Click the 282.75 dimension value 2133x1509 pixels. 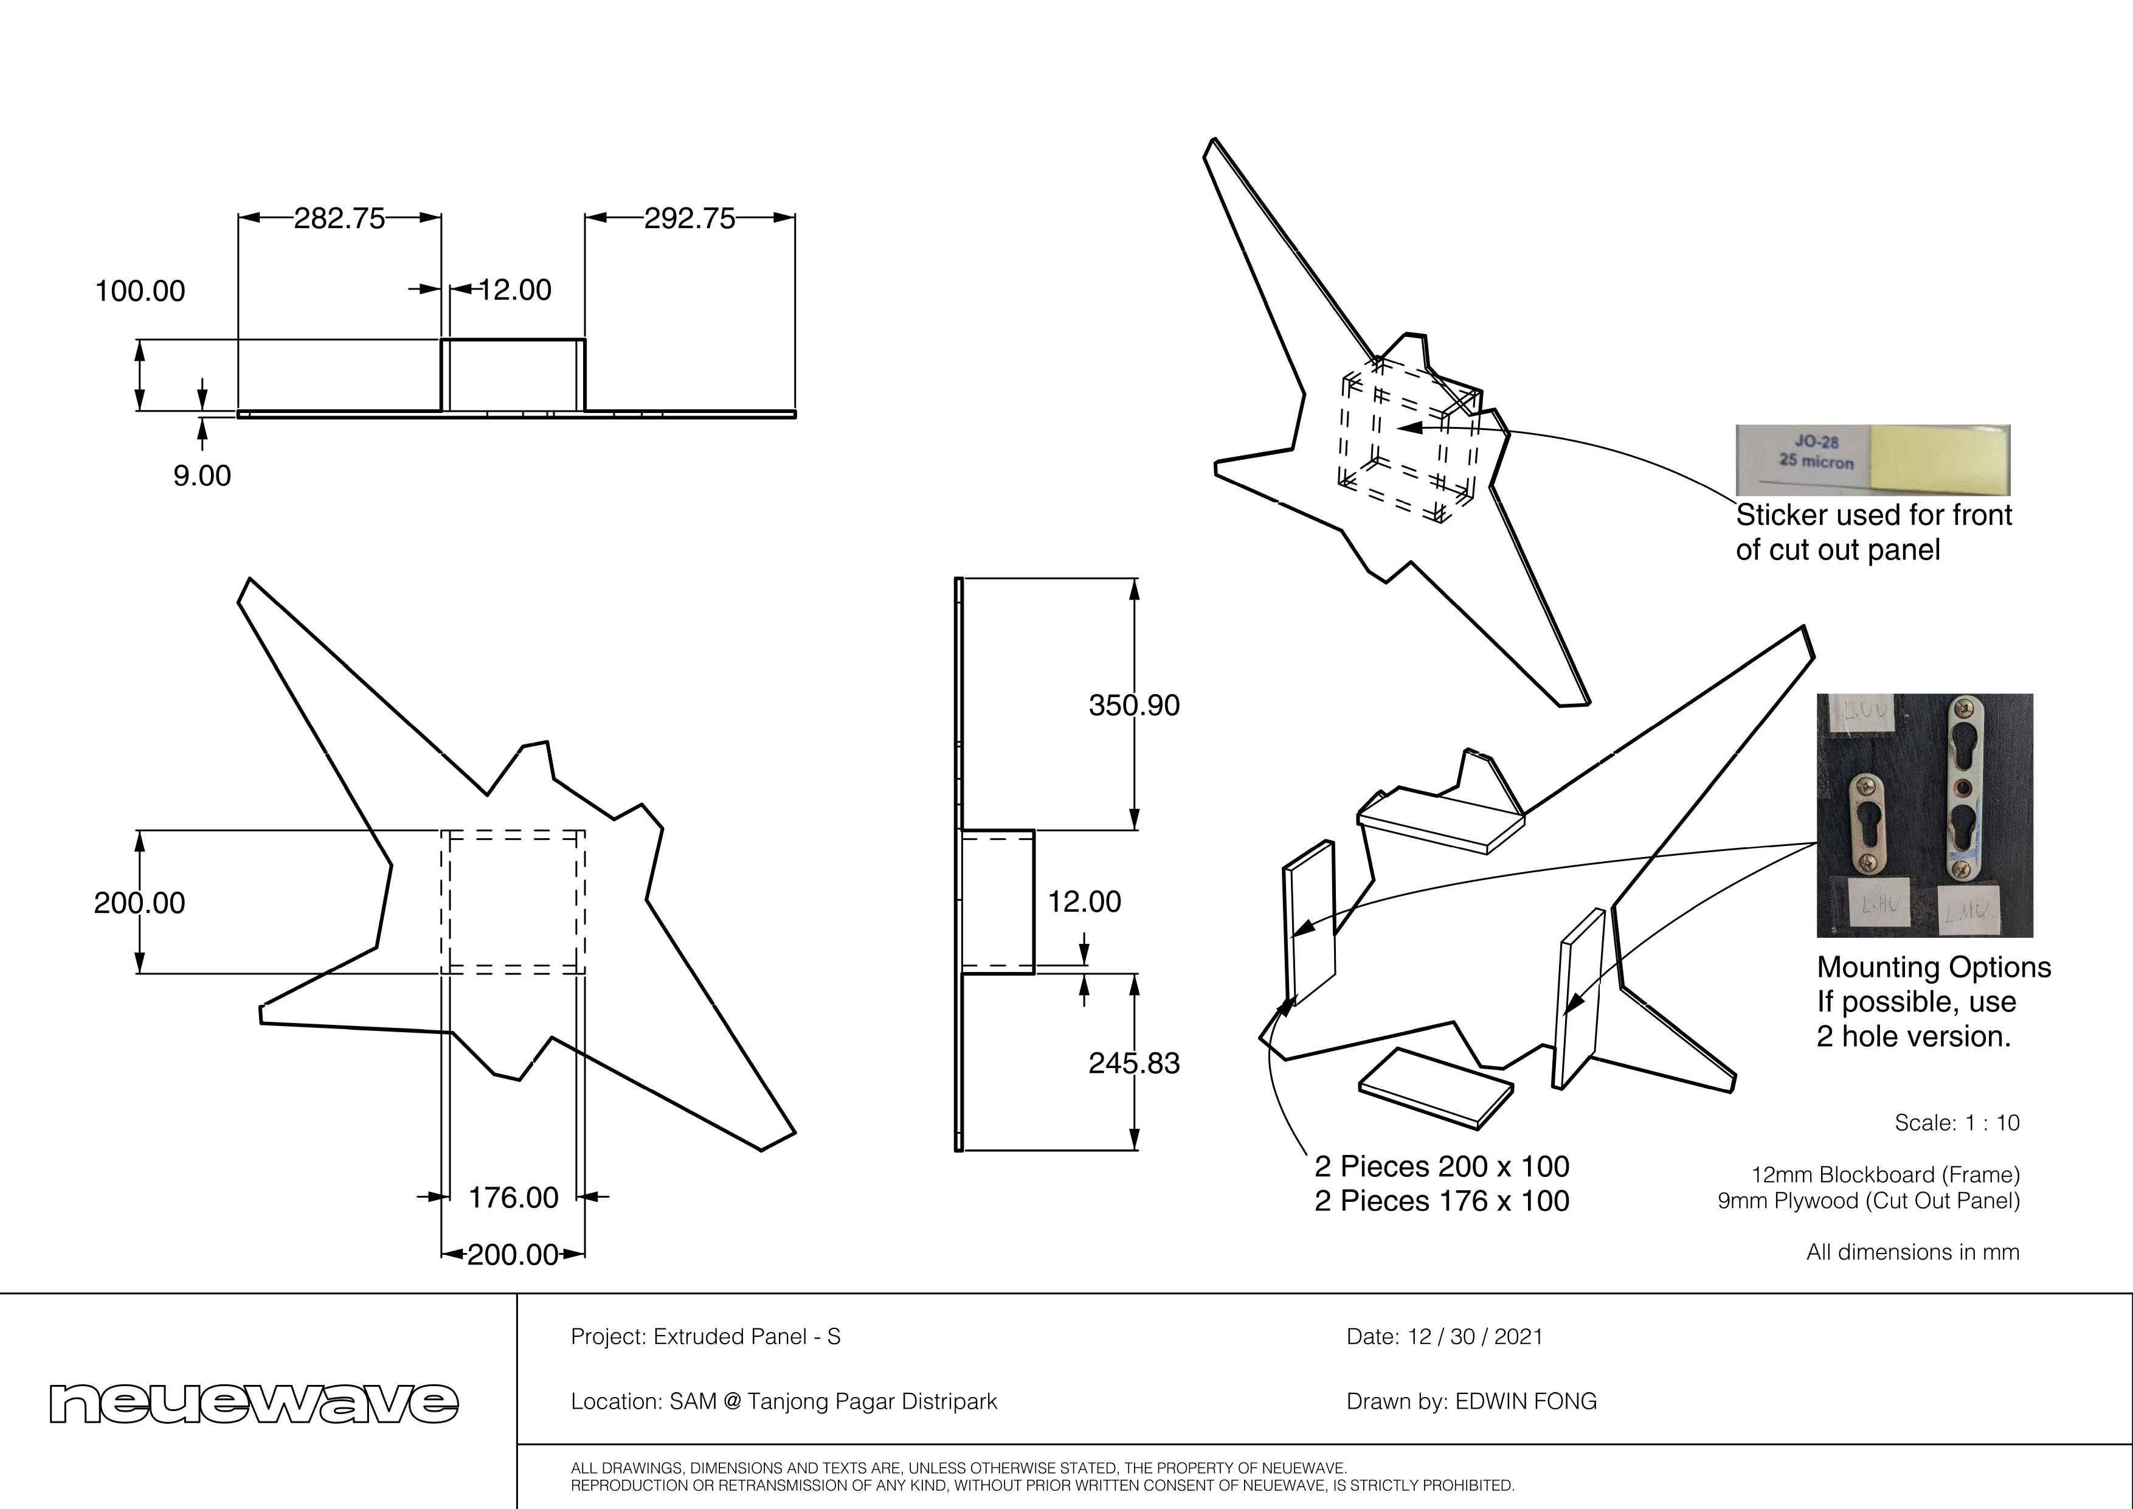339,218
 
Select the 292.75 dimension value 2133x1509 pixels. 690,218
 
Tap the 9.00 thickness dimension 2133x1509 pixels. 202,476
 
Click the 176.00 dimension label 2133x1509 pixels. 513,1198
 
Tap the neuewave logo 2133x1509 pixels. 254,1402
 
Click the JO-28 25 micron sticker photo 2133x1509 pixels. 1872,460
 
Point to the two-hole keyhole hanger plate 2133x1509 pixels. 1965,788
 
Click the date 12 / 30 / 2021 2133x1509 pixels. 1475,1337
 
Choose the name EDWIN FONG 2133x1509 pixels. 1526,1401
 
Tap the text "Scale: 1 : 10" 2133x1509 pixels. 1957,1122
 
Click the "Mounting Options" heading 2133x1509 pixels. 1934,967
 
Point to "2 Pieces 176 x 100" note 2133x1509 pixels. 1441,1201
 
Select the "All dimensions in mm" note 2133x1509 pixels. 1913,1252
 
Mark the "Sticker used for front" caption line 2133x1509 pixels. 1873,515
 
